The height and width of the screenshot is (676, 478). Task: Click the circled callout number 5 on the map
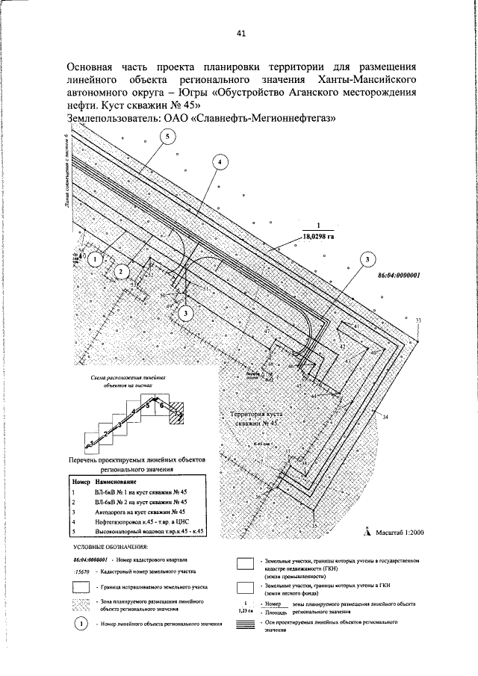tap(168, 136)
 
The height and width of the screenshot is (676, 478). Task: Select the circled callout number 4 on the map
tap(219, 162)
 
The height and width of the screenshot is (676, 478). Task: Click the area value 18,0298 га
tap(318, 236)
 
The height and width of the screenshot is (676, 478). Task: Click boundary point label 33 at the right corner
tap(418, 320)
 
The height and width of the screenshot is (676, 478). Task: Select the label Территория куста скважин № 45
tap(253, 418)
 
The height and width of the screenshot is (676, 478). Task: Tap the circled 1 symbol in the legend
tap(79, 624)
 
